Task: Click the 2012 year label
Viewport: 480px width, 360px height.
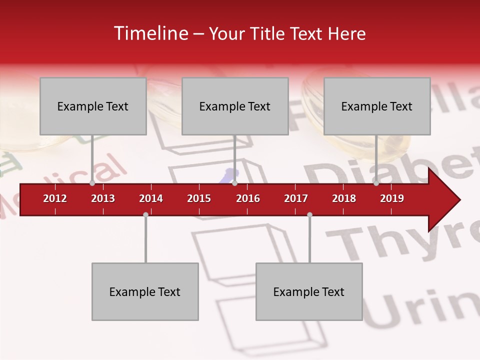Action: pyautogui.click(x=55, y=198)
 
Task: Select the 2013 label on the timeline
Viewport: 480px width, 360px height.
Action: pyautogui.click(x=103, y=198)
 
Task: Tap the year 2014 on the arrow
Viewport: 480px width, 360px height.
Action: pyautogui.click(x=151, y=198)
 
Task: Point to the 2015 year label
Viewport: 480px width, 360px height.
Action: pyautogui.click(x=199, y=198)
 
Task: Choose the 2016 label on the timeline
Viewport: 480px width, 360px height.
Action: pyautogui.click(x=248, y=198)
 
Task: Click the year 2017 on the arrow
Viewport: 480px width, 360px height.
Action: pyautogui.click(x=296, y=198)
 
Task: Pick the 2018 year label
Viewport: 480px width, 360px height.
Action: pyautogui.click(x=344, y=198)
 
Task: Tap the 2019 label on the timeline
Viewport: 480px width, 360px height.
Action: pyautogui.click(x=392, y=198)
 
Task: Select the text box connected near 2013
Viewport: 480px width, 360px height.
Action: pyautogui.click(x=93, y=106)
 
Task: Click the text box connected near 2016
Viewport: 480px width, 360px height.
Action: pyautogui.click(x=235, y=106)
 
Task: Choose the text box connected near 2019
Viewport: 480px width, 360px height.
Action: pyautogui.click(x=377, y=106)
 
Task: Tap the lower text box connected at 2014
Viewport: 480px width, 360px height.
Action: pyautogui.click(x=145, y=291)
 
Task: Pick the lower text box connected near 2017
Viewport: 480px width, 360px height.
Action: pyautogui.click(x=309, y=291)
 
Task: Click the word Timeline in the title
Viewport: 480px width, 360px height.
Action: pyautogui.click(x=150, y=33)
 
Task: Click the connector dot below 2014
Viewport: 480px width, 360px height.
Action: pyautogui.click(x=145, y=214)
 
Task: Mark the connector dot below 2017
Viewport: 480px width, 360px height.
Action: pyautogui.click(x=309, y=214)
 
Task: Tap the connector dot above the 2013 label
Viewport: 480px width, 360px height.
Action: pyautogui.click(x=92, y=183)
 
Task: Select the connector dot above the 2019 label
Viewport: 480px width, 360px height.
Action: pyautogui.click(x=376, y=183)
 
